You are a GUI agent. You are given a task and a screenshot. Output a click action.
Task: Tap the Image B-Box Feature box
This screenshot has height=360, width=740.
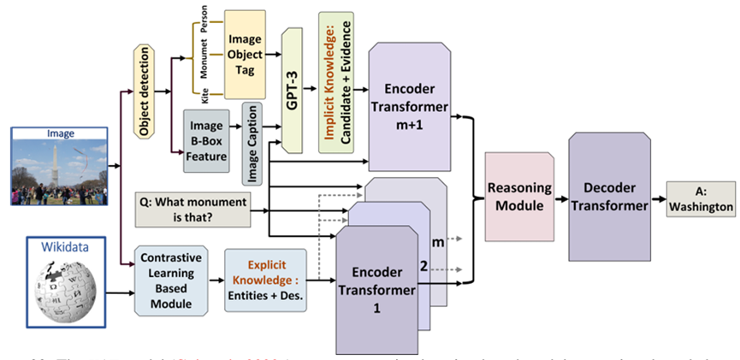tap(206, 140)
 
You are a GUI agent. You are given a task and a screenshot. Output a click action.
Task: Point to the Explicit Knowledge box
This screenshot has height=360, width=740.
tap(264, 280)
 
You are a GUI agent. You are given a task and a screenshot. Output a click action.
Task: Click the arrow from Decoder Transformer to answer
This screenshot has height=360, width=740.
tap(659, 197)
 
